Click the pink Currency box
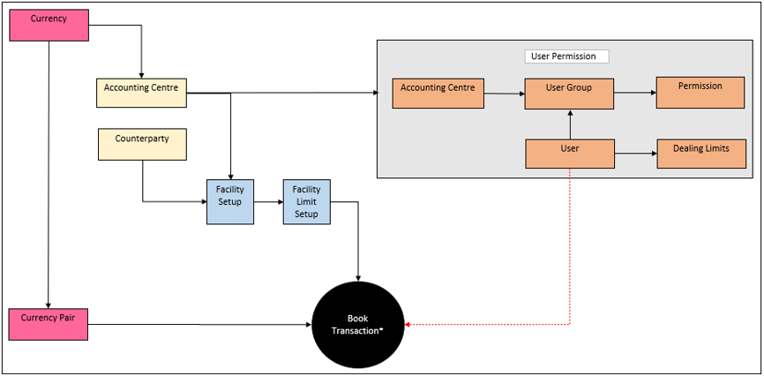(49, 25)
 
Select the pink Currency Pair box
(49, 324)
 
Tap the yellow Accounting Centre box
(141, 93)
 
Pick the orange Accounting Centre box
(438, 93)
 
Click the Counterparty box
(141, 144)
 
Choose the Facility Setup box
(230, 201)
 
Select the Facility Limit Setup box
(306, 201)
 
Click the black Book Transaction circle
(358, 324)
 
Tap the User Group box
(569, 93)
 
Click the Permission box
(700, 92)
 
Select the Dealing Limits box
(700, 153)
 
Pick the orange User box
(569, 153)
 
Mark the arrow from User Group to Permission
(634, 92)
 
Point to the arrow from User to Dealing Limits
(634, 153)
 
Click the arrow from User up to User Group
(570, 124)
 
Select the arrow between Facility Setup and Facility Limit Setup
(268, 202)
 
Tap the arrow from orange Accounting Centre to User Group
(505, 92)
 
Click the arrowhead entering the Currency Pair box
(49, 304)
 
